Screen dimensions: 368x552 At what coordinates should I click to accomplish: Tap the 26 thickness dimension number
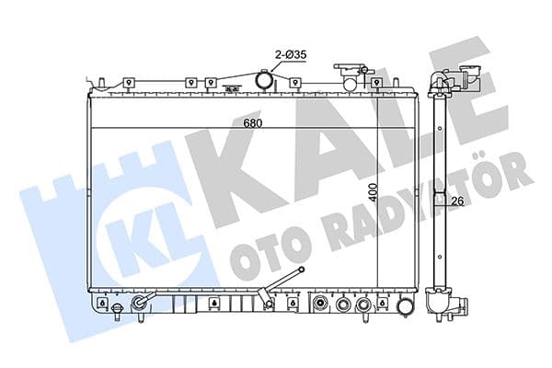click(x=454, y=200)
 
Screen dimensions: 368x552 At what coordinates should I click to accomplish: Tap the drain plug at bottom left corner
click(x=117, y=313)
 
